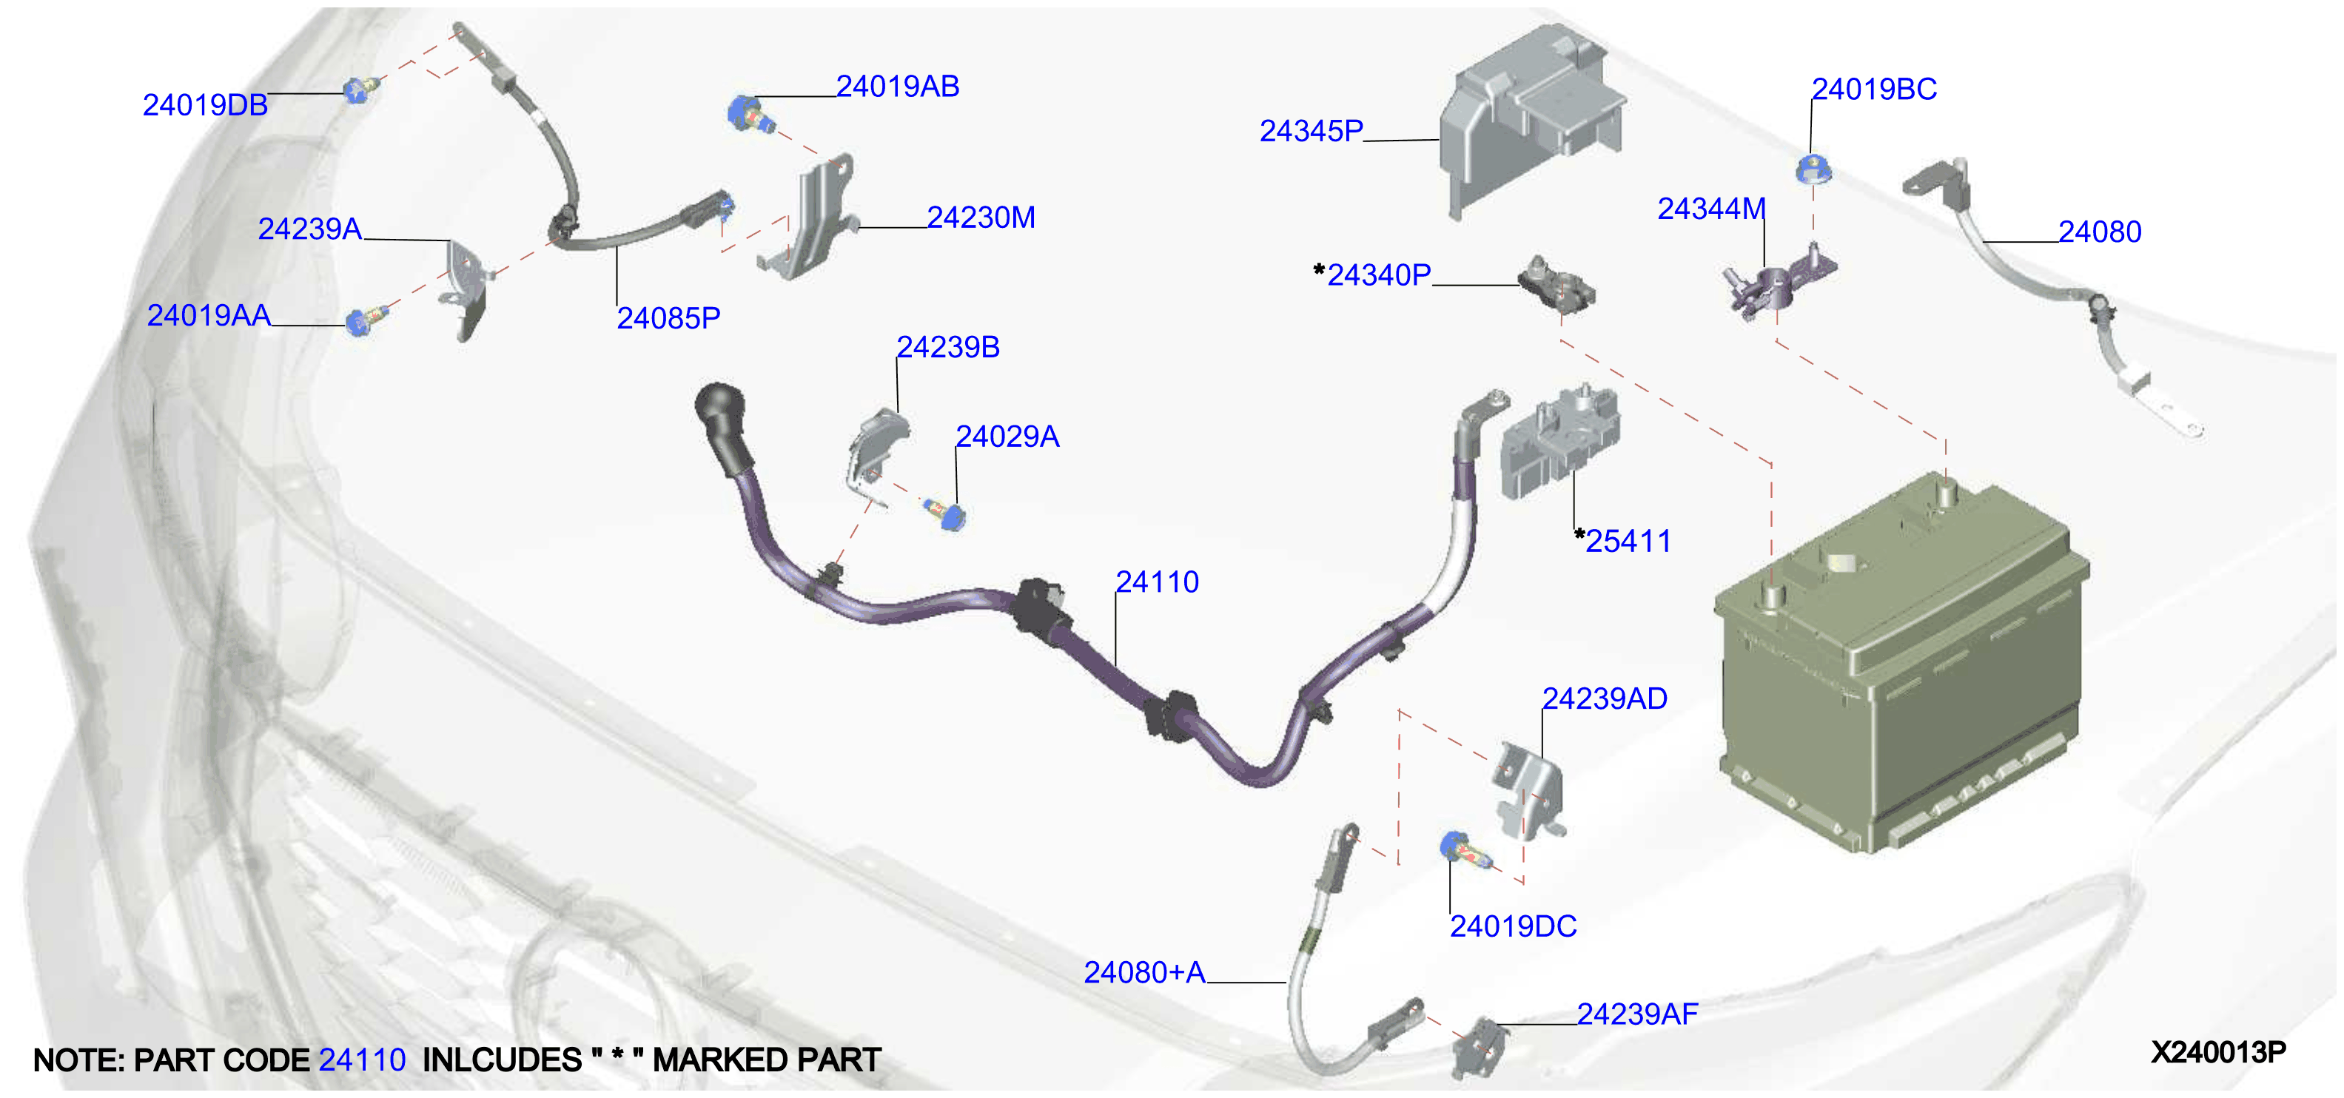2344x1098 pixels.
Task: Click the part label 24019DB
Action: [205, 106]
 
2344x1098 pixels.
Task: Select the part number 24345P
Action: [1312, 132]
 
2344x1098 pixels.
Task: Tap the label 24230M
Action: [981, 218]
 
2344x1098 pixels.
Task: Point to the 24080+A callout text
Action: [1145, 974]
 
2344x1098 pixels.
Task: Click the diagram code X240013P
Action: [2218, 1053]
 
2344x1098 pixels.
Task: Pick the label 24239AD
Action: [1604, 698]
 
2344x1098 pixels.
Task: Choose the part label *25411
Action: [1623, 542]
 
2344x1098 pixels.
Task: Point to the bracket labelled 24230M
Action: [810, 218]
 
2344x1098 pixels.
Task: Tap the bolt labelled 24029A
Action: [947, 514]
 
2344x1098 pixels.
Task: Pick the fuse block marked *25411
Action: [1559, 441]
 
